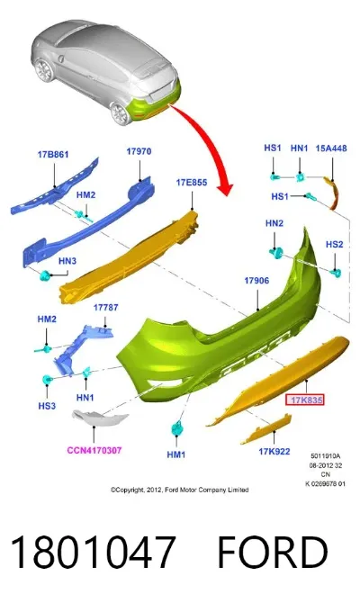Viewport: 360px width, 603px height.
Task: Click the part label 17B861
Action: tap(53, 155)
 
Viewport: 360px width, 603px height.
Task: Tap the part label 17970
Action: tap(139, 151)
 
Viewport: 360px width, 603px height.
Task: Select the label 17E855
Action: tap(192, 183)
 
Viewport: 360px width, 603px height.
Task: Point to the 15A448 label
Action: tap(331, 148)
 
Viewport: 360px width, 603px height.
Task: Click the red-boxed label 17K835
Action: tap(307, 400)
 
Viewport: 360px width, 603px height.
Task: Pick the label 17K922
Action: tap(274, 451)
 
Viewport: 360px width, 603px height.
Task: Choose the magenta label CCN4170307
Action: tap(94, 450)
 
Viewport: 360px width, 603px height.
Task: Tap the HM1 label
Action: tap(176, 454)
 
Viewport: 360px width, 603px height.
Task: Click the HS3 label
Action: tap(47, 406)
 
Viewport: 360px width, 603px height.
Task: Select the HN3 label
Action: tap(67, 261)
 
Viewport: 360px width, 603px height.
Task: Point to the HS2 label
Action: tap(334, 244)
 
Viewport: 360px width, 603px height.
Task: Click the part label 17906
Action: tap(256, 281)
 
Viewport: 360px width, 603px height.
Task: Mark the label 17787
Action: tap(106, 308)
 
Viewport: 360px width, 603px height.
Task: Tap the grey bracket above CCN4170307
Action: tap(100, 418)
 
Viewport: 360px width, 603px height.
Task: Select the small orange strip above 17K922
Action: tap(266, 429)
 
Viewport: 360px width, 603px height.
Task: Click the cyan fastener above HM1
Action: tap(176, 427)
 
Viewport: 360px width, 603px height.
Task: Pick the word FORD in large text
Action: tap(273, 553)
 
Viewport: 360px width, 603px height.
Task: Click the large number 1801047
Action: tap(94, 553)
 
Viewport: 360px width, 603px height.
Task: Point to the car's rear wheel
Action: tap(120, 113)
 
